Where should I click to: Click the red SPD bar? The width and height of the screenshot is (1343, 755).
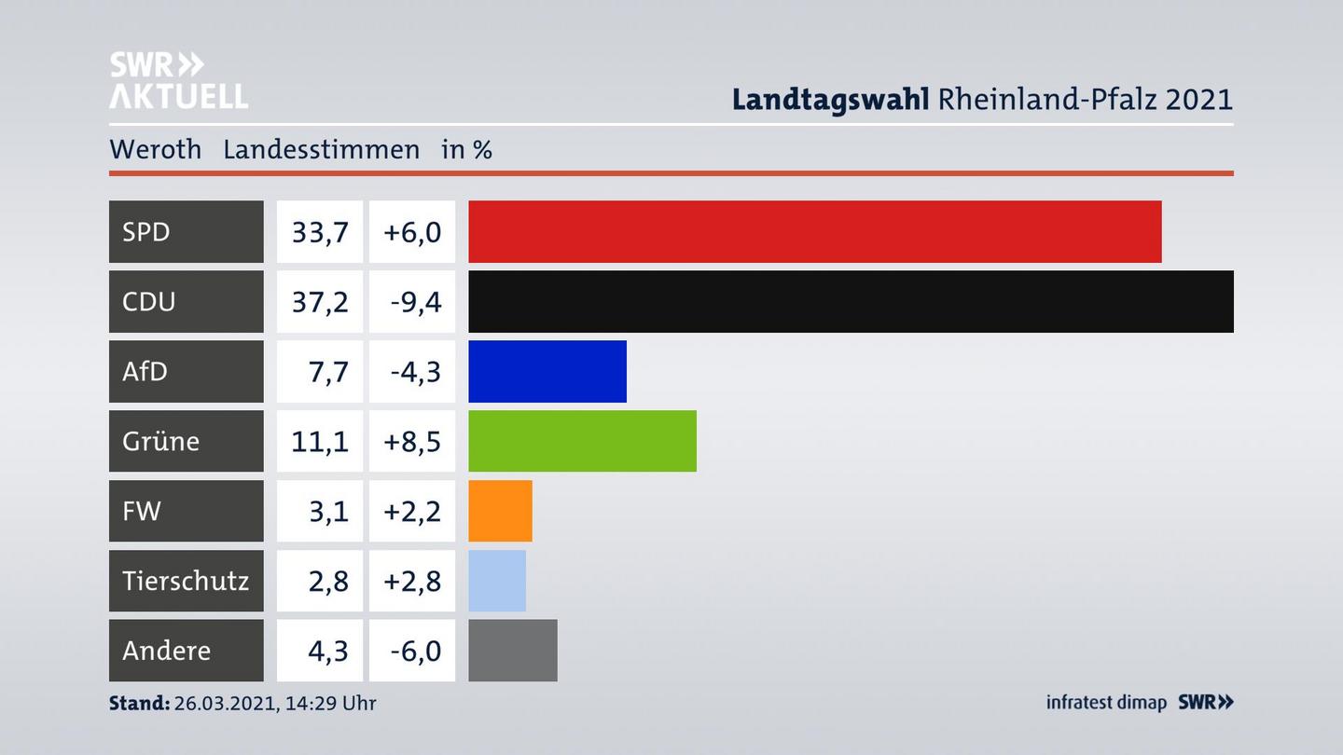point(814,231)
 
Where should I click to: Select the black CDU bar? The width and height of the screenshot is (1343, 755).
point(851,301)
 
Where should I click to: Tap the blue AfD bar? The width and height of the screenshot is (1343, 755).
point(547,371)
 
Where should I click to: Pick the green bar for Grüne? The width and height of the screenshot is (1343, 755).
point(582,441)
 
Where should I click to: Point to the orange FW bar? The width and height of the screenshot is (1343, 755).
point(500,511)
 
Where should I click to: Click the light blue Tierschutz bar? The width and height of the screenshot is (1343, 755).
point(497,581)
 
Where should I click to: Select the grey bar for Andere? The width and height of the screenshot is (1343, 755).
point(512,651)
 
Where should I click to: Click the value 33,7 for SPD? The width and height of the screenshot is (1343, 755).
point(320,231)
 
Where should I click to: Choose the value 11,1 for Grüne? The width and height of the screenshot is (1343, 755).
point(320,441)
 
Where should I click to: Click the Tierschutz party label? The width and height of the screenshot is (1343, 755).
point(186,581)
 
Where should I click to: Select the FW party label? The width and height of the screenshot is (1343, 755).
point(142,511)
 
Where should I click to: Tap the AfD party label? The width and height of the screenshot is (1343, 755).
point(145,371)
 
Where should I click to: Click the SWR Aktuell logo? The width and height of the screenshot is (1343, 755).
point(178,80)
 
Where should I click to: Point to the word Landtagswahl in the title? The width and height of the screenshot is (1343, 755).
point(830,99)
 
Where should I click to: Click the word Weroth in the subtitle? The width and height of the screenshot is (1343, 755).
point(155,149)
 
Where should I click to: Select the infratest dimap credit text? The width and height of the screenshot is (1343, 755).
point(1106,703)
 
